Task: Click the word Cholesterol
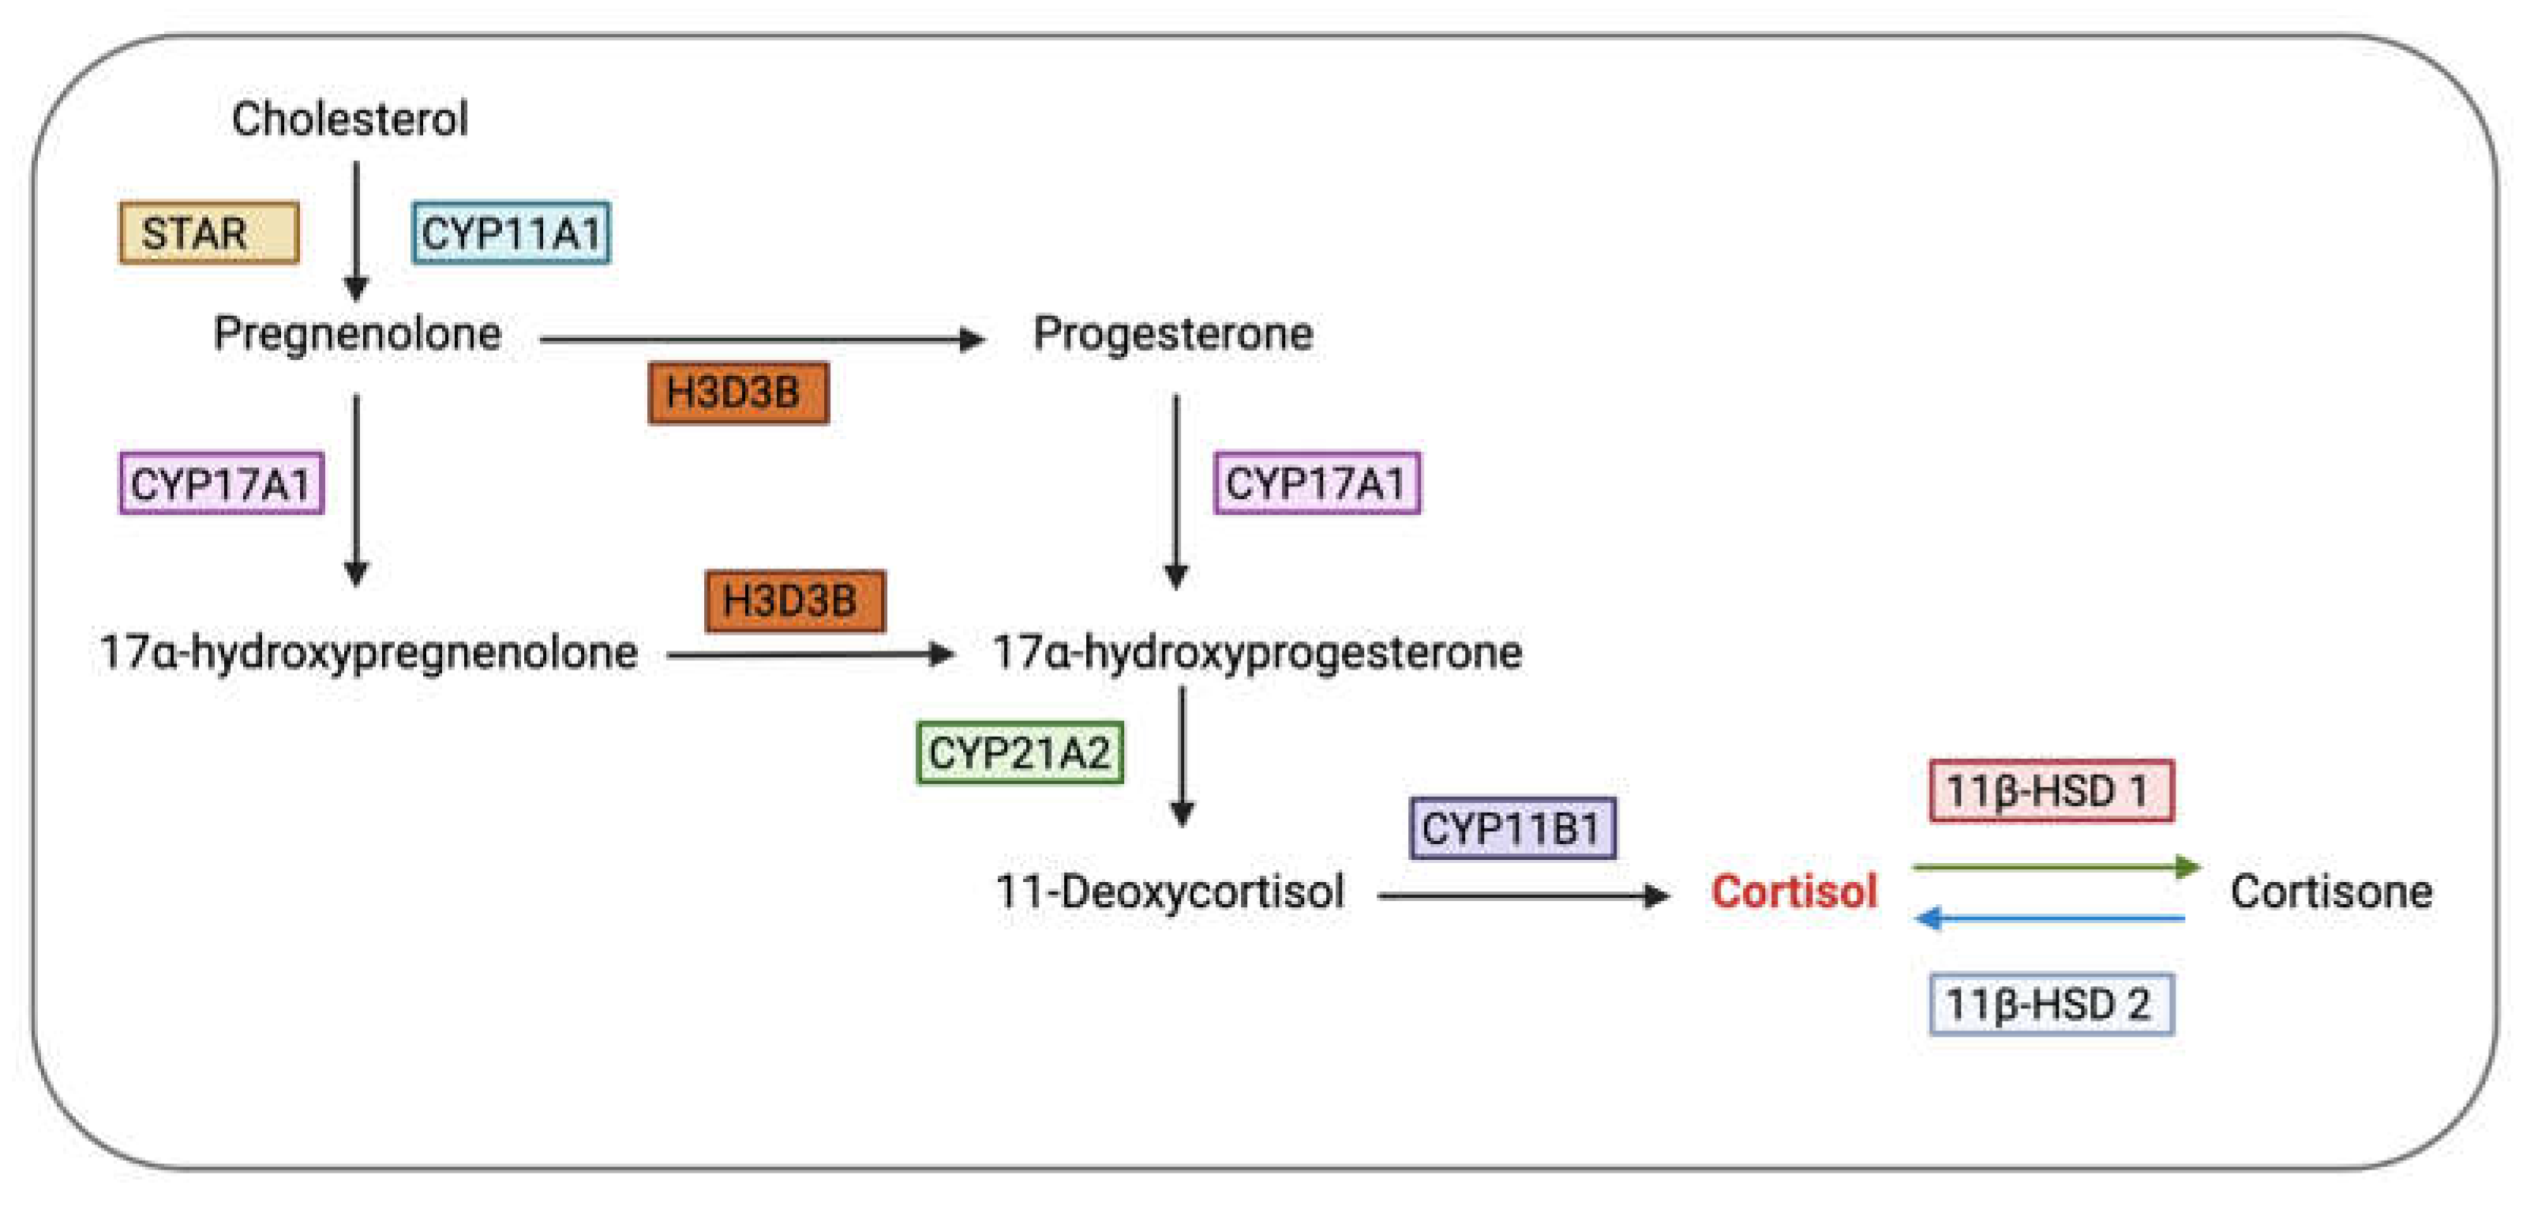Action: click(x=350, y=118)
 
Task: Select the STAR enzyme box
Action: click(x=208, y=233)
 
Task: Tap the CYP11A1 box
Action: click(x=511, y=233)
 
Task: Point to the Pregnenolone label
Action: click(x=358, y=334)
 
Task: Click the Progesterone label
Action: click(x=1173, y=334)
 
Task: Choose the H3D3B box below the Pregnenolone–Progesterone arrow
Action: click(x=739, y=392)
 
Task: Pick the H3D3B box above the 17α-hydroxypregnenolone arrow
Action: click(x=795, y=601)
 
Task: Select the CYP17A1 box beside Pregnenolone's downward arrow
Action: click(x=221, y=483)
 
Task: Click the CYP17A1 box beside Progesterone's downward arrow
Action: click(x=1316, y=483)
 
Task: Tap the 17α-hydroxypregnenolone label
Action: click(x=369, y=653)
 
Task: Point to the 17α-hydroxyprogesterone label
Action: click(x=1258, y=653)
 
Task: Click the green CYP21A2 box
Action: click(x=1019, y=753)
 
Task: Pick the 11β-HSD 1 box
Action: click(x=2051, y=790)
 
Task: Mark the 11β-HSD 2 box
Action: click(x=2051, y=1004)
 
